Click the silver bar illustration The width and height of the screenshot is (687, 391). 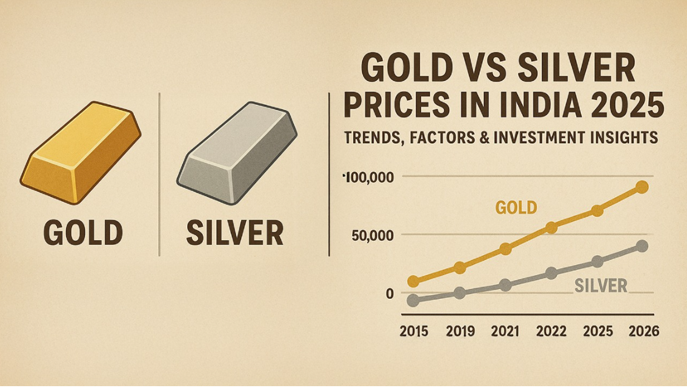(237, 153)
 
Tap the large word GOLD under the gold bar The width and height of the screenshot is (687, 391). (83, 232)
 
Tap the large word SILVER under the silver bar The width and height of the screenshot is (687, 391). (234, 232)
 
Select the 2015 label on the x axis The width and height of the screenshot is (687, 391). (414, 331)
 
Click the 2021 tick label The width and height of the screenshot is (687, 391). (506, 331)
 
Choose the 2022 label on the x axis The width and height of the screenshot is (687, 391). (551, 331)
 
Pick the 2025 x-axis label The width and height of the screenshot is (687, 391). (597, 331)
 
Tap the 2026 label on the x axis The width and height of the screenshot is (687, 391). (643, 331)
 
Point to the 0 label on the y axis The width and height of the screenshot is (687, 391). (390, 293)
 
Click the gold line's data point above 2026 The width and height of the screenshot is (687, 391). (642, 187)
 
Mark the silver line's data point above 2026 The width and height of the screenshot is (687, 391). (642, 246)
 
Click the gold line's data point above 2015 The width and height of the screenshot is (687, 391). (414, 281)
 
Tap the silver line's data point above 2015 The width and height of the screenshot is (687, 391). (414, 300)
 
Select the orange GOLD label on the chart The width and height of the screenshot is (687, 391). (516, 208)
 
